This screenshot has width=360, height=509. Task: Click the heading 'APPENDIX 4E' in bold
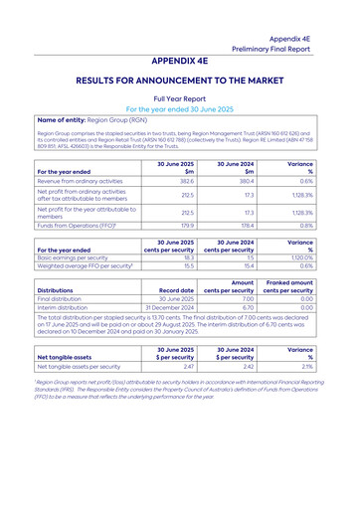tap(180, 61)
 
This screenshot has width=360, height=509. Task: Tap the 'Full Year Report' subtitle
tap(180, 99)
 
